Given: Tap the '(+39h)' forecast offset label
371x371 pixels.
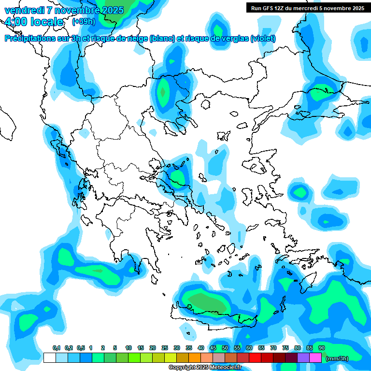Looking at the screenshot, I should (x=84, y=22).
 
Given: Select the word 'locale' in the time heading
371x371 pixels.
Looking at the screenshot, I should (x=46, y=22).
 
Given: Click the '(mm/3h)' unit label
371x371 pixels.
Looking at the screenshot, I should (x=337, y=358).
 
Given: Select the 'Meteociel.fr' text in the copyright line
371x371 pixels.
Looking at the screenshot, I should (x=224, y=368).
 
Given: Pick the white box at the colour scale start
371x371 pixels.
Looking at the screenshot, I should (x=49, y=357).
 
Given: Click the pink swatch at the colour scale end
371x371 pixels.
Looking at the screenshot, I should (x=315, y=357).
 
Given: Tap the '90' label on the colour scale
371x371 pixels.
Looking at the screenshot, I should (x=322, y=348).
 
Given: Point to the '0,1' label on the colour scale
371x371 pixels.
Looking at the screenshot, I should (x=56, y=348).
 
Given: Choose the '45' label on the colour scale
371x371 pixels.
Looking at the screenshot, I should (x=213, y=348).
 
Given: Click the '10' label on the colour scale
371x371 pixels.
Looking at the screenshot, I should (x=128, y=348).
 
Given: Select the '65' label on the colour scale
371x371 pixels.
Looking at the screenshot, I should (x=261, y=348).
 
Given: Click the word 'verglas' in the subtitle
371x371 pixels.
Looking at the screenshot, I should (x=234, y=39).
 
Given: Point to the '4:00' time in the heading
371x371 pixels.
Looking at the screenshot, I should (x=16, y=22).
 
